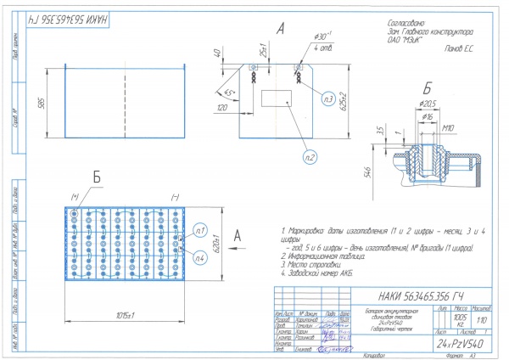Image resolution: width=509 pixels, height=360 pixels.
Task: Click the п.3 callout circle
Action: click(x=327, y=99)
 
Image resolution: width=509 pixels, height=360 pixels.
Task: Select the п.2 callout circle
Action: click(x=310, y=157)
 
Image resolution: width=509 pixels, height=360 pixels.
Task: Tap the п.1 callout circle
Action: click(x=200, y=230)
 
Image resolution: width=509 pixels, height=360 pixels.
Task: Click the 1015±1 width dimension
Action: click(x=125, y=316)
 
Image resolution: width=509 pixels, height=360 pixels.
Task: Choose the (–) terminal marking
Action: click(x=173, y=198)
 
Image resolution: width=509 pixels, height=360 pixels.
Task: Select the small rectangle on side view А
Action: click(x=277, y=97)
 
